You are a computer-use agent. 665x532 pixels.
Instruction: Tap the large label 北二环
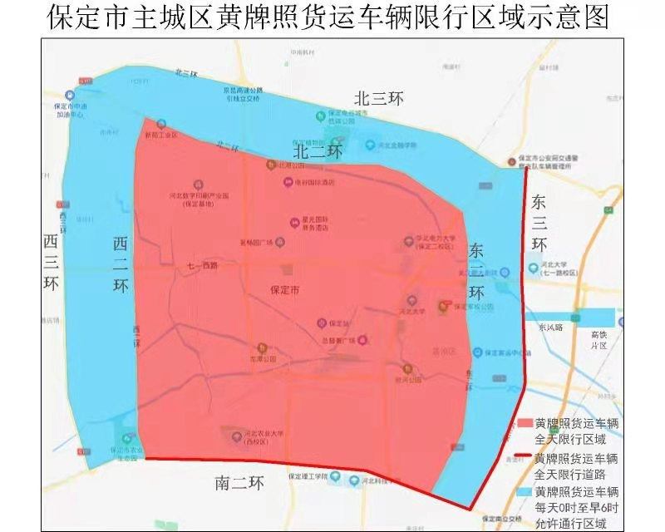pyautogui.click(x=318, y=152)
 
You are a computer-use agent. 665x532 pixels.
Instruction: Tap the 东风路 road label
pyautogui.click(x=550, y=327)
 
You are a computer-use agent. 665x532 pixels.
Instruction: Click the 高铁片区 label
pyautogui.click(x=599, y=339)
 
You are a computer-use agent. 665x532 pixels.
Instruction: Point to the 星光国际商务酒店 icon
pyautogui.click(x=293, y=222)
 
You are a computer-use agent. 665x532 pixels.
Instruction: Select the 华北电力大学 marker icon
pyautogui.click(x=408, y=241)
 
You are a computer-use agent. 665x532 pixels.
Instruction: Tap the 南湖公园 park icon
pyautogui.click(x=262, y=347)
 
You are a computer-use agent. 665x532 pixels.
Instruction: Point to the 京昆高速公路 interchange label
pyautogui.click(x=241, y=94)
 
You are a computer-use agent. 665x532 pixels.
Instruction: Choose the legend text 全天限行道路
pyautogui.click(x=575, y=474)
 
